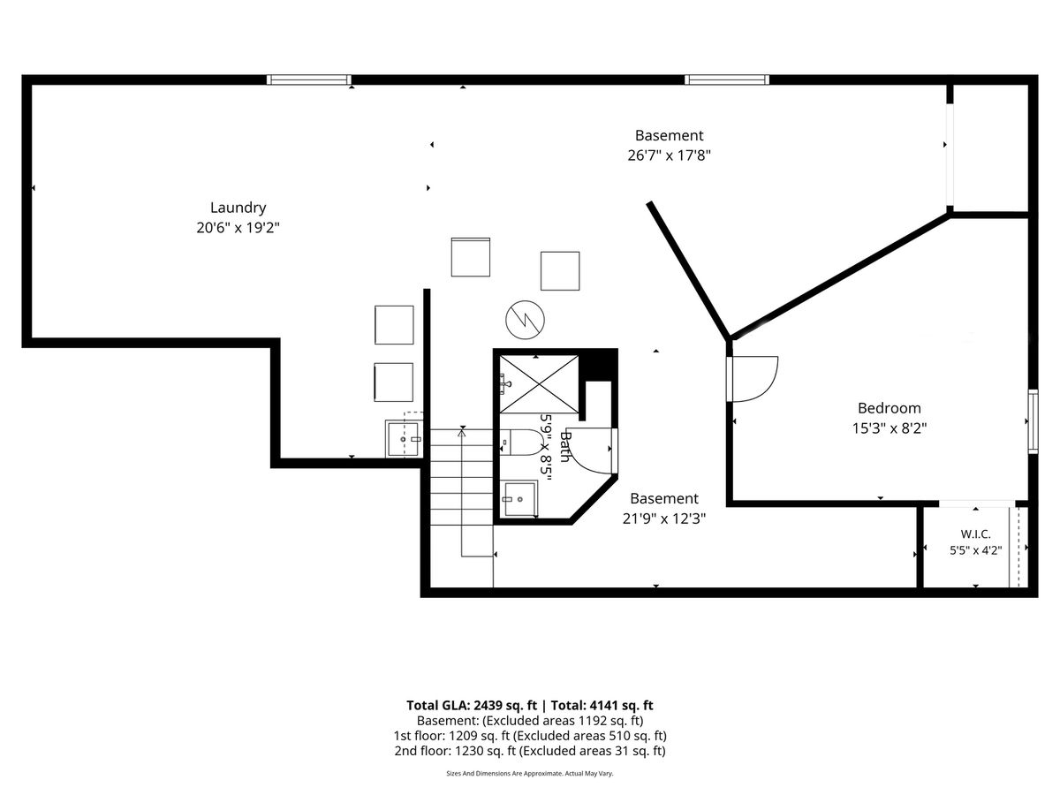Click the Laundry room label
(238, 208)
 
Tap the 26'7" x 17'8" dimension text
(669, 155)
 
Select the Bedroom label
(889, 408)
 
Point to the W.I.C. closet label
(975, 534)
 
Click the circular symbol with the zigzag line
(525, 320)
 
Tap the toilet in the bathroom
(520, 443)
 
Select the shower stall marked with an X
(539, 384)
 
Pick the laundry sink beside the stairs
(404, 438)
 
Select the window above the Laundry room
(309, 79)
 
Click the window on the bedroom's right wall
(1033, 421)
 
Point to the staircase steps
(462, 477)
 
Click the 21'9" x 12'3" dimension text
(664, 519)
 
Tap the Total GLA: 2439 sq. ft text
(472, 705)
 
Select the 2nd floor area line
(530, 751)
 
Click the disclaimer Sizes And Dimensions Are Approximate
(504, 773)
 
